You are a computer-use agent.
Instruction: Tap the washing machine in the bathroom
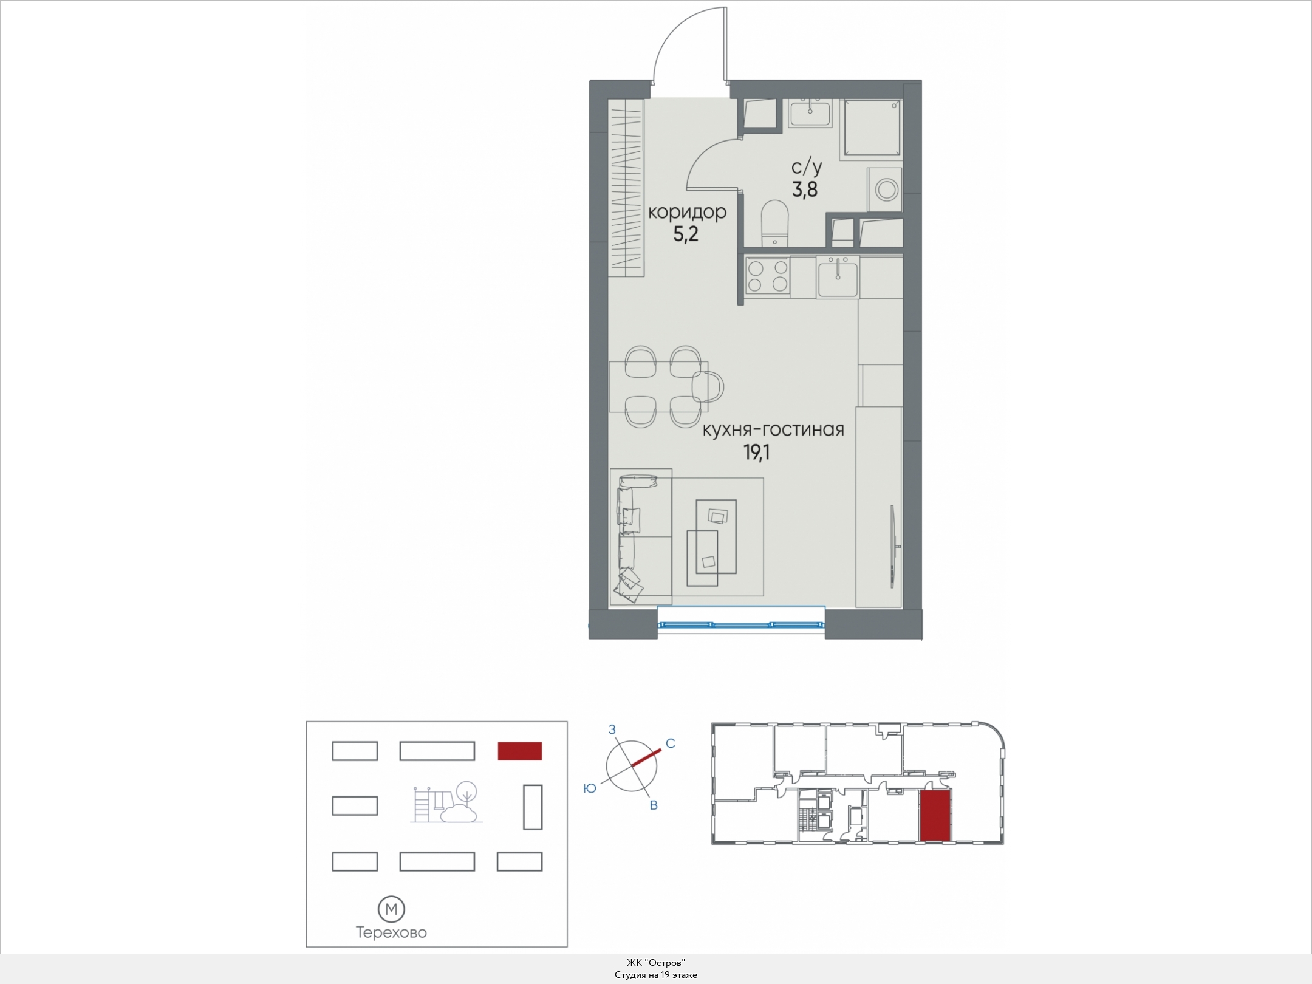click(x=885, y=190)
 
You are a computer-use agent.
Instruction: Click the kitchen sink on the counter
click(x=838, y=278)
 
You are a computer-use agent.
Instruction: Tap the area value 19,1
click(x=757, y=452)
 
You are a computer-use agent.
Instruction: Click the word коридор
click(x=687, y=212)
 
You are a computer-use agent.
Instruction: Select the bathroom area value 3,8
click(x=805, y=190)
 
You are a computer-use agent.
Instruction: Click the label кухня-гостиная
click(x=773, y=429)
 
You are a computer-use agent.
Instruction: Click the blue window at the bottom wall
click(x=741, y=623)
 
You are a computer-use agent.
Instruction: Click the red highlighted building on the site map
click(x=519, y=751)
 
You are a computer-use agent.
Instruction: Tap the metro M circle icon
click(x=391, y=909)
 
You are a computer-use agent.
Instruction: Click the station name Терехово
click(x=391, y=932)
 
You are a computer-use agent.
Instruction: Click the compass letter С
click(x=671, y=743)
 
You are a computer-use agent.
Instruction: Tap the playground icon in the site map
click(x=446, y=802)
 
